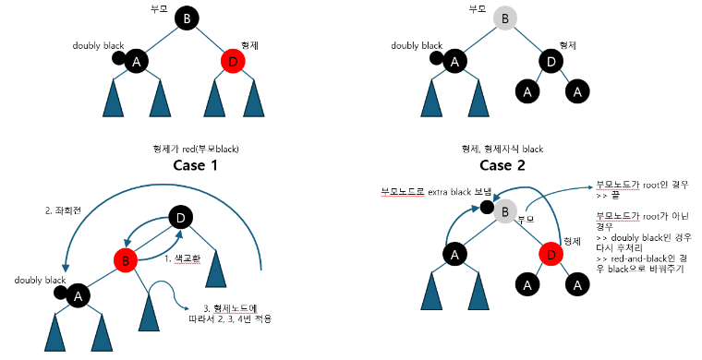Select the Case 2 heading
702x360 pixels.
point(504,167)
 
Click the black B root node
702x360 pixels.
point(187,18)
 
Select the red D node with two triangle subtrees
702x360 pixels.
point(234,62)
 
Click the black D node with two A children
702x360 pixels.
point(551,62)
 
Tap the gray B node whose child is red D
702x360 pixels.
point(503,213)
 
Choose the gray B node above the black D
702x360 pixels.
point(503,18)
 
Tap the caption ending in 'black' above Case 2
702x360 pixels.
point(503,148)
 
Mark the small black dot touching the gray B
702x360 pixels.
point(486,206)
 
